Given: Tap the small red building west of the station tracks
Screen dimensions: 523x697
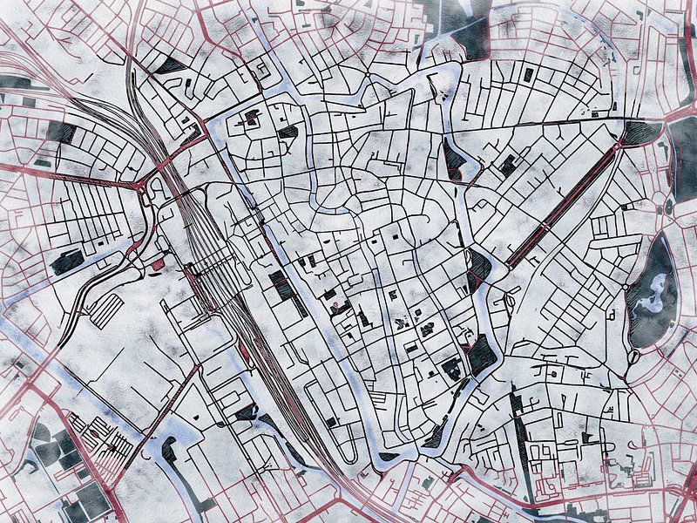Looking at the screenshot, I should [x=158, y=263].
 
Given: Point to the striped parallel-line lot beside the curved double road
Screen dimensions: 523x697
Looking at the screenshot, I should [x=106, y=309].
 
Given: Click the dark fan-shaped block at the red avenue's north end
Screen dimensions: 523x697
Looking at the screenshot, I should [x=642, y=132].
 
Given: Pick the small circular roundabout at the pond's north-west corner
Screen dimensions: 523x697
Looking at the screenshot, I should [x=626, y=286].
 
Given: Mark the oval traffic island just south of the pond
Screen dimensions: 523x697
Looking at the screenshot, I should [x=634, y=357].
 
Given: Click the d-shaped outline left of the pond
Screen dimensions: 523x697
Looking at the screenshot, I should [x=612, y=314].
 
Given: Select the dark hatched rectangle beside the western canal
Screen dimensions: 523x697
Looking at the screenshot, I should [x=281, y=284].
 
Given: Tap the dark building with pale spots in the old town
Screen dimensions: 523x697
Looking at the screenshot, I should [x=452, y=370].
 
